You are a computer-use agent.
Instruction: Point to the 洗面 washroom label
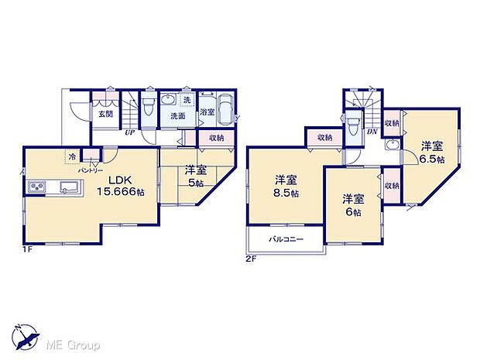point(177,117)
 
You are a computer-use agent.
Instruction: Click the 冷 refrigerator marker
point(72,156)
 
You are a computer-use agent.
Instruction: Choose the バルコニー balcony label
point(286,238)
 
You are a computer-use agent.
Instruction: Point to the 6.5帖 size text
point(432,159)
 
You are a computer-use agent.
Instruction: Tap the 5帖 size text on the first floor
point(195,183)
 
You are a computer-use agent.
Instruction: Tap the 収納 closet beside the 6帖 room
point(391,187)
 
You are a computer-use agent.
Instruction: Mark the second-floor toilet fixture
point(352,124)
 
